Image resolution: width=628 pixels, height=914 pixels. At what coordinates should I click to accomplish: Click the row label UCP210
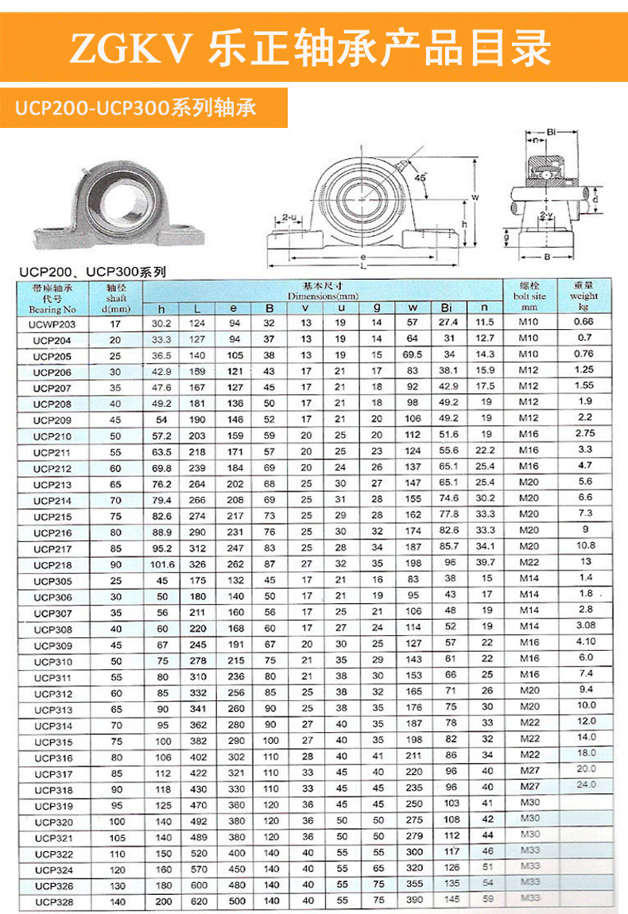(x=52, y=436)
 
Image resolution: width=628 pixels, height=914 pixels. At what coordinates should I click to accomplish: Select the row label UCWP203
(x=52, y=323)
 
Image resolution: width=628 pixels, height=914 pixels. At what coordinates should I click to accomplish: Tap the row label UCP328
(x=52, y=901)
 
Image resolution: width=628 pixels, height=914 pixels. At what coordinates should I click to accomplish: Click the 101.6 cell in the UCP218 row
(x=161, y=564)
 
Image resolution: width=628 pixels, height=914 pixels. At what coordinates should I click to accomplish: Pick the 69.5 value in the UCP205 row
(x=413, y=354)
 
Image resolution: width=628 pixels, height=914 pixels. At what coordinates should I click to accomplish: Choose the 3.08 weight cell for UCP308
(x=583, y=626)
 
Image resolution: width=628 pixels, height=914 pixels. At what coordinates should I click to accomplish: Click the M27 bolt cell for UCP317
(x=529, y=771)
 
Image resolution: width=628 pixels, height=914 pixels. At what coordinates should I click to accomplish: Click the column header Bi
(x=448, y=308)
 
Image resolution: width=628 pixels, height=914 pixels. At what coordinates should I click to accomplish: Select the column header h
(x=161, y=308)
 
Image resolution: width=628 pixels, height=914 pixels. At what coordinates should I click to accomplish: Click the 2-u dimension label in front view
(x=289, y=216)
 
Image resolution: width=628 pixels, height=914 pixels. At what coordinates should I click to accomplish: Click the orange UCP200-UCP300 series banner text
(x=136, y=108)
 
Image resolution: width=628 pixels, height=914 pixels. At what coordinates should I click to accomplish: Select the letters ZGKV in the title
(x=131, y=49)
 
